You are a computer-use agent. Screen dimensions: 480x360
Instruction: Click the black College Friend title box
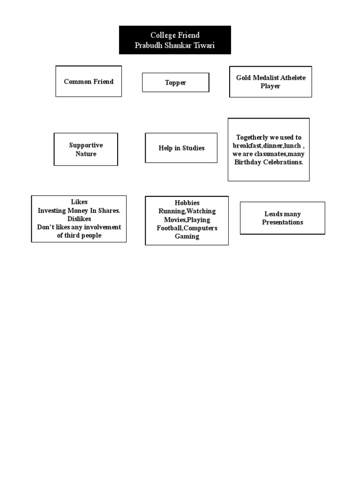tap(175, 40)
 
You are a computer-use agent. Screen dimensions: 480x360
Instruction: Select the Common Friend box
tap(89, 81)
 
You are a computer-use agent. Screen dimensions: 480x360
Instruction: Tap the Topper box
tap(175, 82)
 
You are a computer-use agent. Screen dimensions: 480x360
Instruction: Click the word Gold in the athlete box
tap(243, 77)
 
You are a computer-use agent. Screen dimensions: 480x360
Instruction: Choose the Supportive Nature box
tap(86, 150)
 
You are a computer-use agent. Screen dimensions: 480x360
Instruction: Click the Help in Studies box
tap(181, 148)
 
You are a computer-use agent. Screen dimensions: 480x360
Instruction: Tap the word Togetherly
tap(252, 137)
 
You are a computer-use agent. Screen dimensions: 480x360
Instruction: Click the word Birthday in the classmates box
tap(248, 162)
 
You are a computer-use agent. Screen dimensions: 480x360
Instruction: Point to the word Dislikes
tap(79, 219)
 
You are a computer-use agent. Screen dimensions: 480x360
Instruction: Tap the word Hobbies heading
tap(187, 203)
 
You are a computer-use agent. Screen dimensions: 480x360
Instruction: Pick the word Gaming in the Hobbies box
tap(187, 237)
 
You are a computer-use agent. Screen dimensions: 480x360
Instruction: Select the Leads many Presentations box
tap(282, 218)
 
